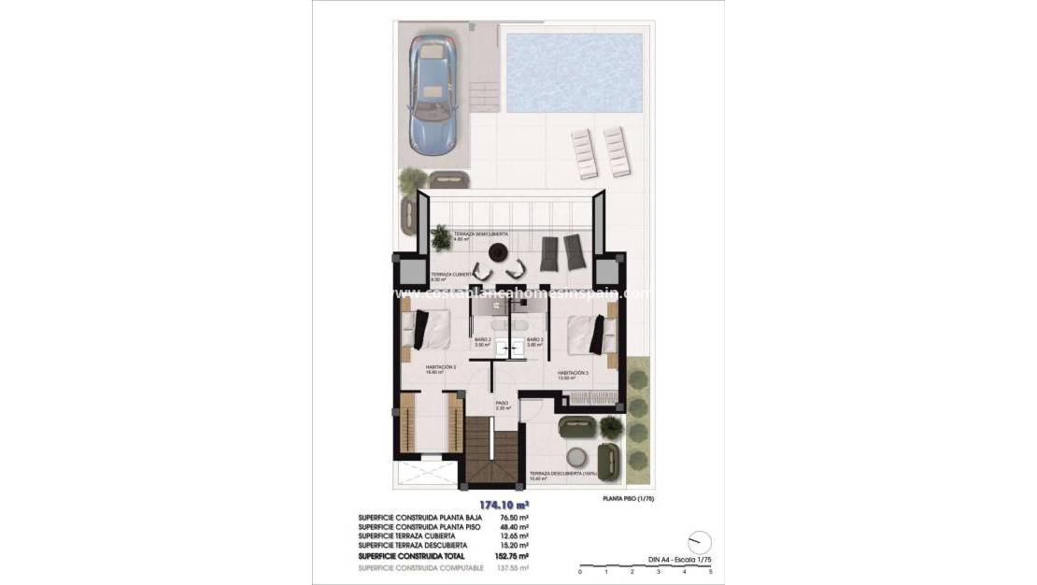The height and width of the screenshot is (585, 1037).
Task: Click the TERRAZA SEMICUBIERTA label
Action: click(480, 235)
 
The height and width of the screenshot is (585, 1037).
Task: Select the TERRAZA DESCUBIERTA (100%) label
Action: click(562, 476)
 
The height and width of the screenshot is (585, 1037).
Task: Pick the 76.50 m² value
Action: click(515, 517)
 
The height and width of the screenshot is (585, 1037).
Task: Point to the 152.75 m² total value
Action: click(515, 555)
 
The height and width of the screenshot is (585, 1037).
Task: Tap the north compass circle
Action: click(699, 543)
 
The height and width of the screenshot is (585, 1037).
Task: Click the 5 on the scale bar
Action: click(711, 570)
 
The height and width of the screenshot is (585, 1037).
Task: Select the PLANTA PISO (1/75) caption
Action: click(628, 499)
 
